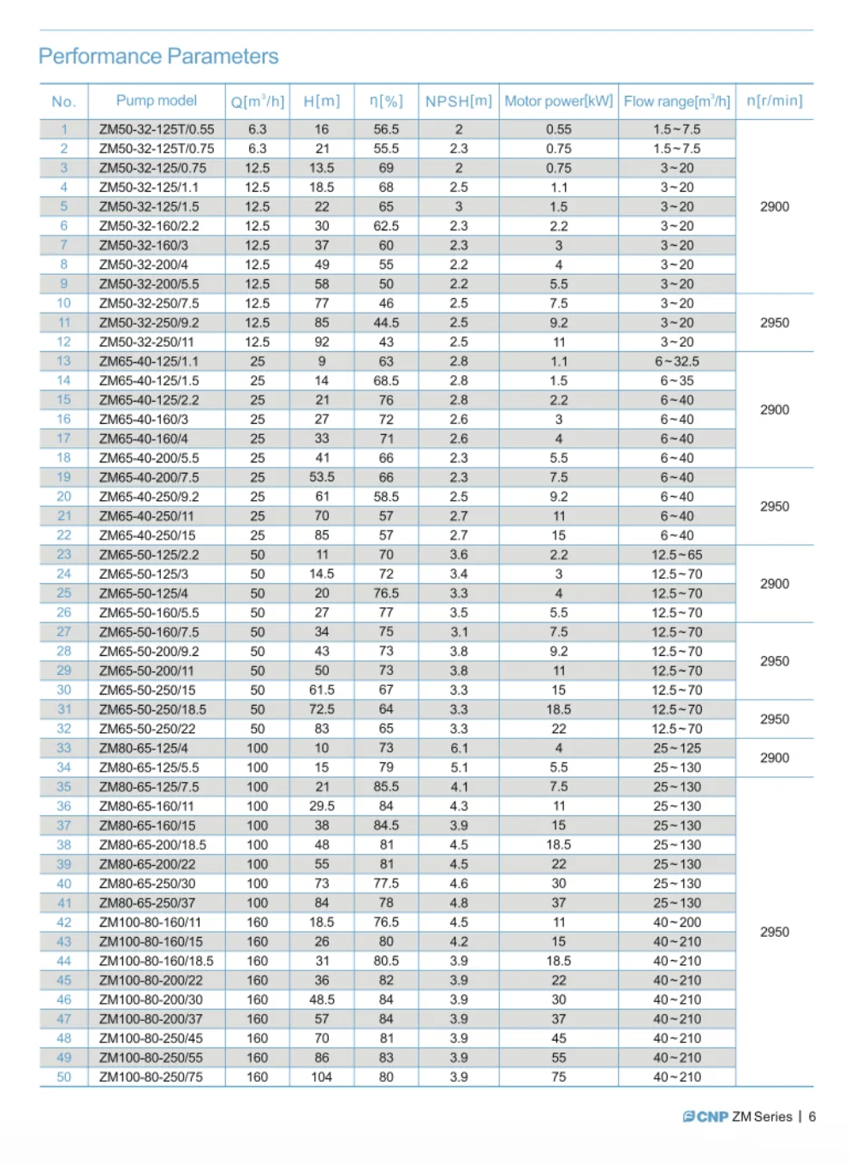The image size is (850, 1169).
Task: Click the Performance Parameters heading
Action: point(158,57)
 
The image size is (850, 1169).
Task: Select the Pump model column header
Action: point(157,101)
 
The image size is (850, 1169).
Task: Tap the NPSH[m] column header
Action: point(459,101)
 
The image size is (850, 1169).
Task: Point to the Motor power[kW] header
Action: point(558,101)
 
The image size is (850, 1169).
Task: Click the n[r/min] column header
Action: point(774,101)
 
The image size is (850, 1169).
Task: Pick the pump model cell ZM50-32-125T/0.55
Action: point(157,129)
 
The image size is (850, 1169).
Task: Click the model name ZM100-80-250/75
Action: point(151,1077)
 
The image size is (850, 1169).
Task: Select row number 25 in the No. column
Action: point(64,593)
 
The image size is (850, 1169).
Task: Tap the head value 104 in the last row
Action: point(322,1077)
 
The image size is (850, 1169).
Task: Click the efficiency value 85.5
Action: point(386,787)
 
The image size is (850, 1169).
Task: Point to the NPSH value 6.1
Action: point(459,749)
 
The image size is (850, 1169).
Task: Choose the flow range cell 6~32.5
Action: point(677,361)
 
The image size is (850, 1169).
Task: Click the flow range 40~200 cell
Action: point(677,922)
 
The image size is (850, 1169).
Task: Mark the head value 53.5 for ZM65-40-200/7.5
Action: point(322,477)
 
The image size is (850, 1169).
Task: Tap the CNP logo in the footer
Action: point(706,1117)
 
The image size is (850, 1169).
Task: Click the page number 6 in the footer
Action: point(811,1117)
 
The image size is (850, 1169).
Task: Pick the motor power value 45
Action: point(558,1038)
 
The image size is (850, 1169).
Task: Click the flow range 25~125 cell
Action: point(677,749)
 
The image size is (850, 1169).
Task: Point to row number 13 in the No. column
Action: point(64,361)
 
